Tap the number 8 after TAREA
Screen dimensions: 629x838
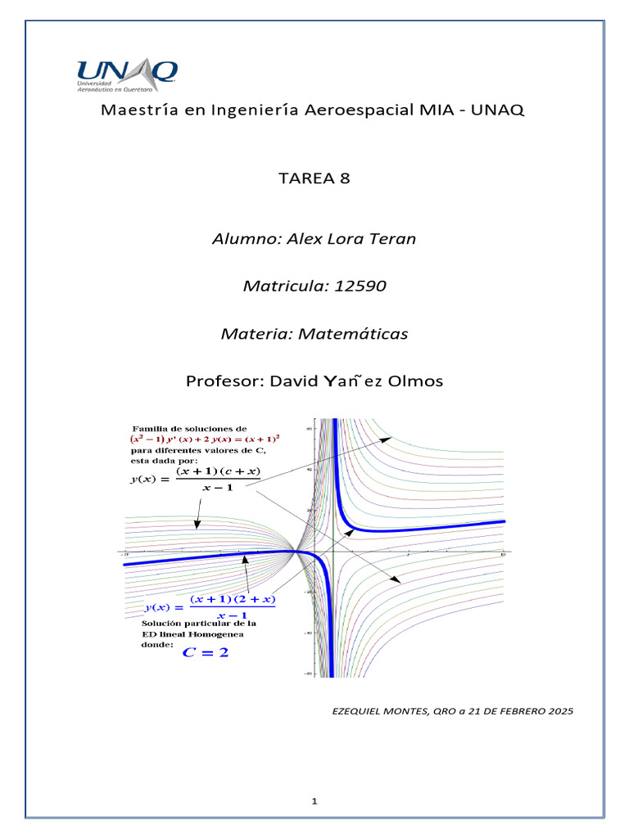(x=345, y=178)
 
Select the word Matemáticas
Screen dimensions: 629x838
(x=357, y=334)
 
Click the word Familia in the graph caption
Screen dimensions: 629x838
(x=156, y=429)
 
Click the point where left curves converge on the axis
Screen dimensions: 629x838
(x=295, y=552)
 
